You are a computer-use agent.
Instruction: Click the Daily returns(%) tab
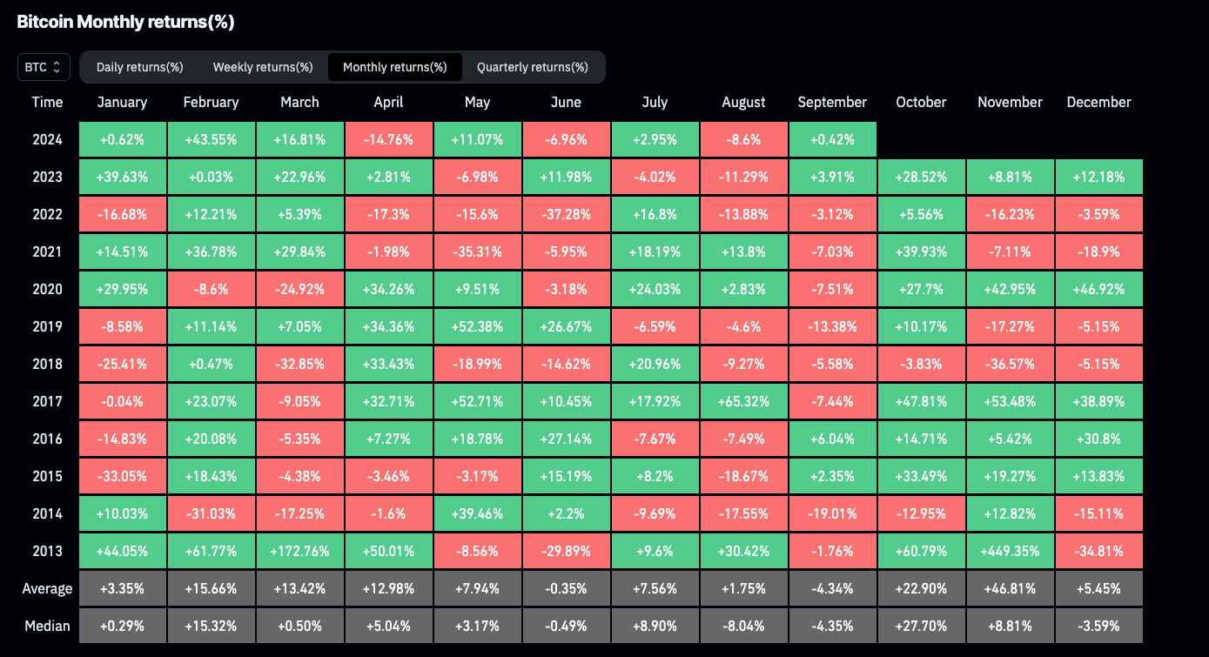pyautogui.click(x=139, y=67)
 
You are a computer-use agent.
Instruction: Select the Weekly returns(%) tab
pyautogui.click(x=263, y=67)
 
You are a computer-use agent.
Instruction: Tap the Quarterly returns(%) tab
pyautogui.click(x=532, y=67)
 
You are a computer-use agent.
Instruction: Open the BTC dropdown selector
pyautogui.click(x=44, y=67)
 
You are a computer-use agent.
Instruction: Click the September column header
pyautogui.click(x=832, y=102)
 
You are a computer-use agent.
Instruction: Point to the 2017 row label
pyautogui.click(x=47, y=401)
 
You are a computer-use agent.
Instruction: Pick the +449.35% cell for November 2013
pyautogui.click(x=1010, y=551)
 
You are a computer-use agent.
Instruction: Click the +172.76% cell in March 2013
pyautogui.click(x=299, y=551)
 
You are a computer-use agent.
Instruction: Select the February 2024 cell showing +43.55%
pyautogui.click(x=211, y=139)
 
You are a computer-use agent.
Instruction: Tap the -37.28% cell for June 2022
pyautogui.click(x=566, y=214)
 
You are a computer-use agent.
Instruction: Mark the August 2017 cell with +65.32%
pyautogui.click(x=743, y=401)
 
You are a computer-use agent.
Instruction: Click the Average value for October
pyautogui.click(x=921, y=588)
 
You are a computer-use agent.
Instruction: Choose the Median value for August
pyautogui.click(x=743, y=626)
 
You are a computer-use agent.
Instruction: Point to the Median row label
pyautogui.click(x=47, y=626)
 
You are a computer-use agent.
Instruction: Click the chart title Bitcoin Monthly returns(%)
pyautogui.click(x=125, y=22)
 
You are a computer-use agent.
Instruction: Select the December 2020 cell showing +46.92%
pyautogui.click(x=1098, y=289)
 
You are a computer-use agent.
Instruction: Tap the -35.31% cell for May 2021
pyautogui.click(x=477, y=251)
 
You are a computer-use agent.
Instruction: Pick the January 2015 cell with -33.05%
pyautogui.click(x=122, y=476)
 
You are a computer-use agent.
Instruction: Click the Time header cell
pyautogui.click(x=47, y=102)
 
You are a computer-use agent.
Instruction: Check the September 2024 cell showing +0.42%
pyautogui.click(x=832, y=139)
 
